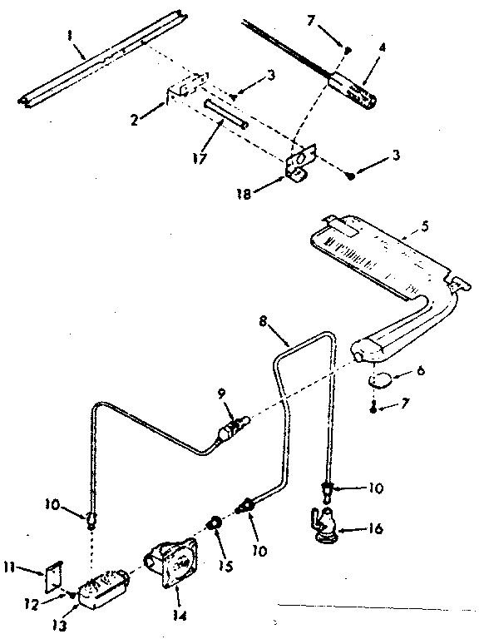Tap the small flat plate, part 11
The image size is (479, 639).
(x=53, y=574)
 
